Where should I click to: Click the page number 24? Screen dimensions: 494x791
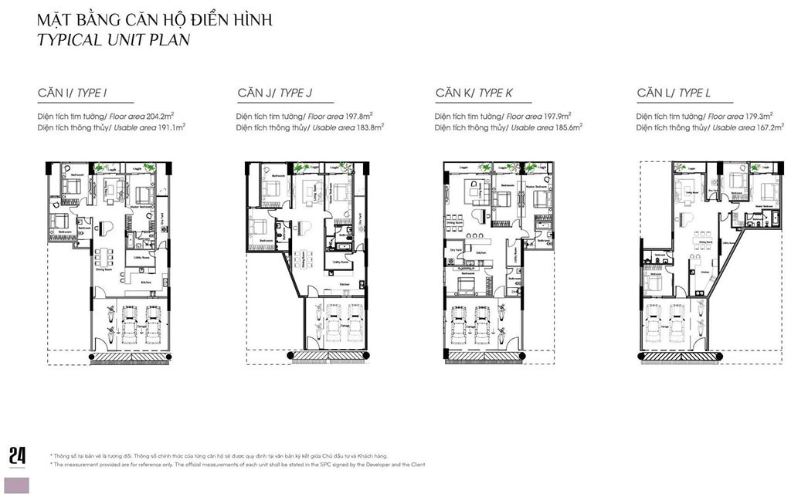coord(17,455)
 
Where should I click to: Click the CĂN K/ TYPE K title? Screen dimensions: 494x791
coord(474,93)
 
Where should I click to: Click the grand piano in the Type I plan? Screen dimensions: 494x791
coord(105,227)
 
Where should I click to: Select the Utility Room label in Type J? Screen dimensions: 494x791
coord(340,262)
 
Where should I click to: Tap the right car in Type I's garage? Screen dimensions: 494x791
coord(151,322)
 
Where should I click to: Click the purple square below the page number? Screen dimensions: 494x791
coord(17,485)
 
